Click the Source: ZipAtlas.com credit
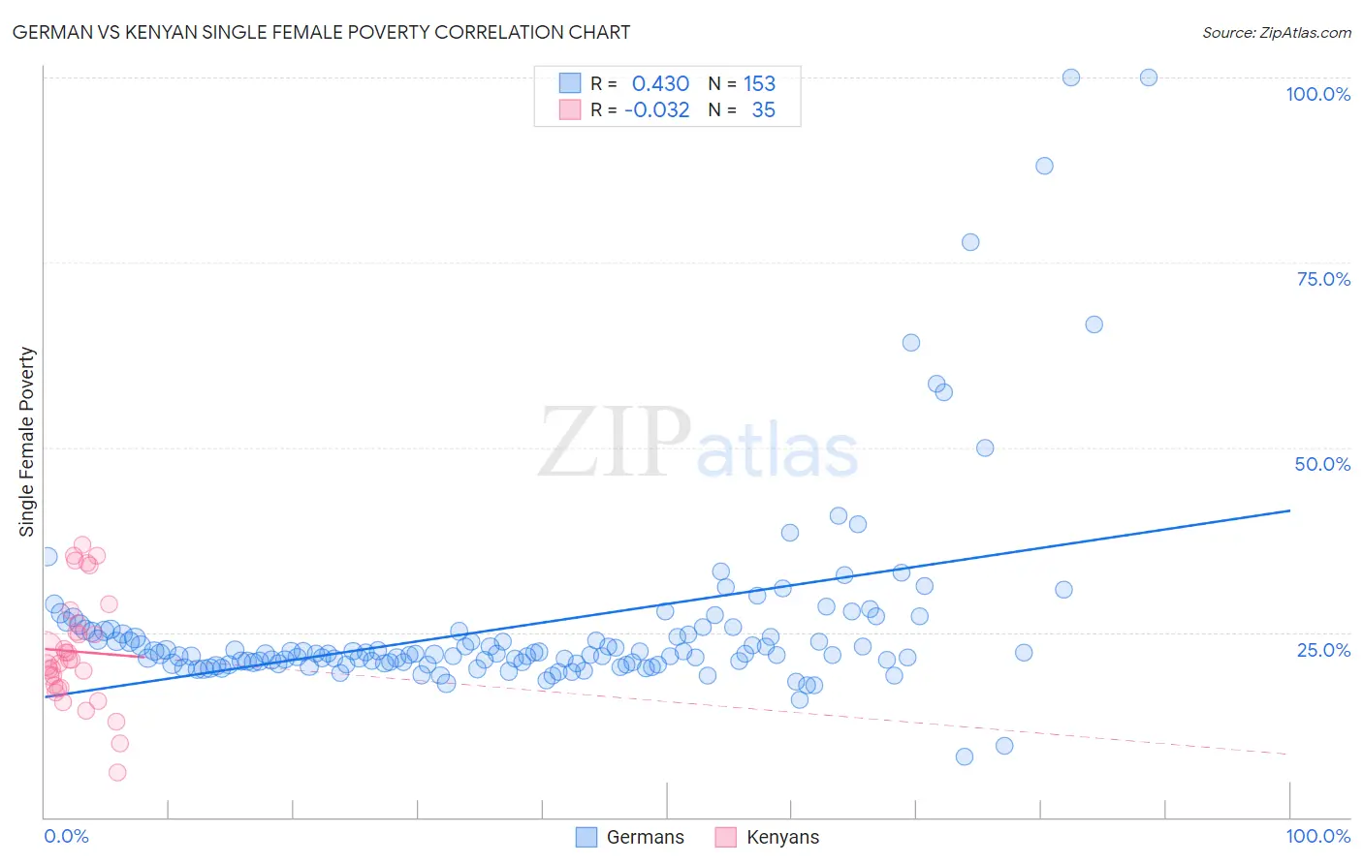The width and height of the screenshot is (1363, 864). (x=1276, y=32)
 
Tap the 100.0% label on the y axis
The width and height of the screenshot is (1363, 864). (x=1317, y=94)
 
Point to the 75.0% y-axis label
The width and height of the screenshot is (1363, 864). (x=1323, y=279)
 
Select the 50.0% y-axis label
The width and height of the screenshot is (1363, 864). (x=1322, y=464)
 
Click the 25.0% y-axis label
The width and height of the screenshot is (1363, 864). (x=1323, y=650)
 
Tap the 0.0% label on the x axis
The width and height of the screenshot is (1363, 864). (x=66, y=836)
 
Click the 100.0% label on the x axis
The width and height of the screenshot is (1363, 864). (x=1317, y=836)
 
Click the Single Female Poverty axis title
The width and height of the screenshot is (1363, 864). (x=27, y=442)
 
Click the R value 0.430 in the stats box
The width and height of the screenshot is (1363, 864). (x=660, y=83)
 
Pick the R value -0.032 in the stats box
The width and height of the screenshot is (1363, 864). (x=656, y=109)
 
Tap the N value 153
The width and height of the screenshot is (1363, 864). (x=759, y=83)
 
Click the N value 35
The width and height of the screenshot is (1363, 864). (x=763, y=109)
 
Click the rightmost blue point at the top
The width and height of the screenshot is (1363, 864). (x=1149, y=77)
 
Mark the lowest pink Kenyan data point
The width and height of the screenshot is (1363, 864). (x=117, y=772)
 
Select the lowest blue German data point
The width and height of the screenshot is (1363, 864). (x=965, y=756)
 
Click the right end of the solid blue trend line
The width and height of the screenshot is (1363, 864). (x=1289, y=510)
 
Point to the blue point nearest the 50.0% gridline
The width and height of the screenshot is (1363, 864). (x=985, y=447)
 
